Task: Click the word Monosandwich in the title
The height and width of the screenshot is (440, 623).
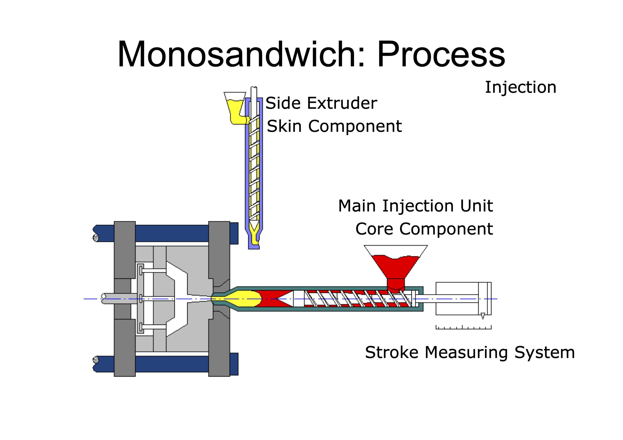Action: coord(236,54)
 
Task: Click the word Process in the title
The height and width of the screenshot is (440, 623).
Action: coord(441,54)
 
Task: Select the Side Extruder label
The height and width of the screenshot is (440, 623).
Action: coord(321,103)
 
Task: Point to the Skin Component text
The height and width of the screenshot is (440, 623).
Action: coord(334,126)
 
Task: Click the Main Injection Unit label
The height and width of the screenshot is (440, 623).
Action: coord(415,206)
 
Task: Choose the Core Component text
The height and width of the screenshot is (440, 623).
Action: coord(424,229)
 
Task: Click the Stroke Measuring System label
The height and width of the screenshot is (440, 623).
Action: coord(470,352)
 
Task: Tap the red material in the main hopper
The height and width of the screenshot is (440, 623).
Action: coord(396,267)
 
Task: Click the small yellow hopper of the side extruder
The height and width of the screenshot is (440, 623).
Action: coord(235,108)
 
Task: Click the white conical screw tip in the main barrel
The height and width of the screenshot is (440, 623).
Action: coord(285,299)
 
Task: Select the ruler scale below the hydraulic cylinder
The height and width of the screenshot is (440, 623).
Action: coord(463,327)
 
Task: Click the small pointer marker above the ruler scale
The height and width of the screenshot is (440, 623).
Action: coord(482,316)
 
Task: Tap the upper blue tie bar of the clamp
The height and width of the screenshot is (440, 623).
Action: coord(171,233)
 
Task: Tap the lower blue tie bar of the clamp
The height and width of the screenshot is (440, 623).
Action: coord(171,364)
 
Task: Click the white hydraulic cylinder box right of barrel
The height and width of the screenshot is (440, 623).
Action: coord(458,299)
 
